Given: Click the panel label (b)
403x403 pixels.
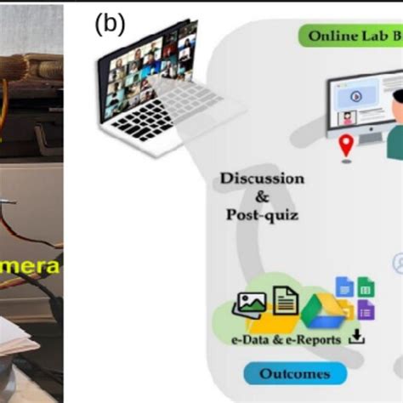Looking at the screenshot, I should (110, 25).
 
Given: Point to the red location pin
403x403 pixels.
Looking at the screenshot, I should (345, 145).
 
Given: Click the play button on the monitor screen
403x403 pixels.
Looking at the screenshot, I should (356, 97).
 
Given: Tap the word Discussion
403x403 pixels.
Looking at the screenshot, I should (262, 179).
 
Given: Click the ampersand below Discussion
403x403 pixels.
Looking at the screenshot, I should (261, 196).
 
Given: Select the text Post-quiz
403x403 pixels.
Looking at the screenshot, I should (262, 215).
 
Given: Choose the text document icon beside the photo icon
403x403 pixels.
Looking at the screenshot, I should (286, 301).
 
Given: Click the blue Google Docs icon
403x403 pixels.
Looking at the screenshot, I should (344, 287).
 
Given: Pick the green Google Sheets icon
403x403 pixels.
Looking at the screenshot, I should (366, 287).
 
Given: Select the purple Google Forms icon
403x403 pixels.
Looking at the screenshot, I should (366, 309).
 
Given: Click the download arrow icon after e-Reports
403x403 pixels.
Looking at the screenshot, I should (357, 338).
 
